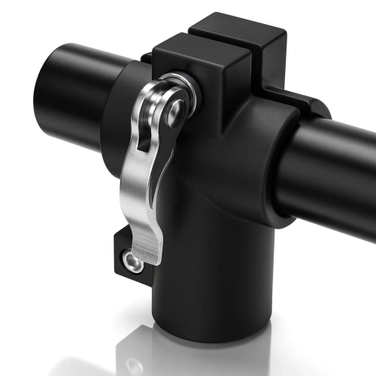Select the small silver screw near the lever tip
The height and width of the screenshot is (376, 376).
pos(132,262)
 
